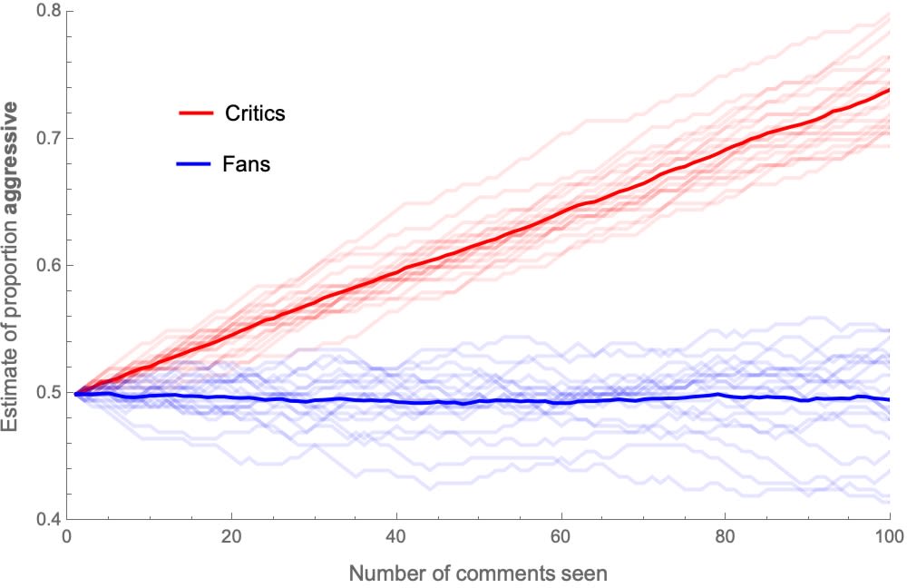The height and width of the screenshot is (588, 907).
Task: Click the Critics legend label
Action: click(x=254, y=113)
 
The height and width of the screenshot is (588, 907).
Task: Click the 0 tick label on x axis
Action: click(x=67, y=537)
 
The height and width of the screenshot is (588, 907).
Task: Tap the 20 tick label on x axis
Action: click(x=231, y=537)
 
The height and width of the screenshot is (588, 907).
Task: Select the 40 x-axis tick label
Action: click(x=396, y=537)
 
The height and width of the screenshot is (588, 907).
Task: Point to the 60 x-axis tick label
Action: click(x=561, y=537)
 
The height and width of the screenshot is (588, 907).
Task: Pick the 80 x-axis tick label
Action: click(x=725, y=537)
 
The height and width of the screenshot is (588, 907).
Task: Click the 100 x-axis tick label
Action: click(x=889, y=537)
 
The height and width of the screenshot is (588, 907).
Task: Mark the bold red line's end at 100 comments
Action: click(x=889, y=90)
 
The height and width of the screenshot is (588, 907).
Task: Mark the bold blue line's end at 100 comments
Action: click(x=889, y=399)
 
